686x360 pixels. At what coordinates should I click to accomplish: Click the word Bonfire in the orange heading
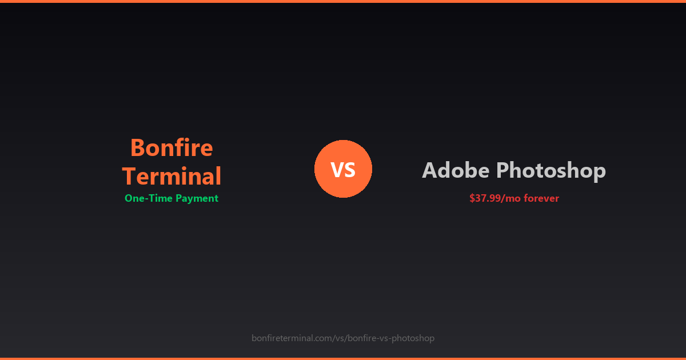click(x=171, y=148)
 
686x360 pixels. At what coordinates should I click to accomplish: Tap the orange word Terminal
click(x=171, y=176)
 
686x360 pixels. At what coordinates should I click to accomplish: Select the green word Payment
click(x=197, y=198)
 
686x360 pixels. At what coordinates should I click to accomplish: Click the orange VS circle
click(x=343, y=169)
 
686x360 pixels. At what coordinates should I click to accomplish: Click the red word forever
click(x=541, y=198)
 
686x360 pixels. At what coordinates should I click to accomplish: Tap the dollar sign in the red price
click(x=472, y=198)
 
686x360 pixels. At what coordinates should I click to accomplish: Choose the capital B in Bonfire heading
click(x=138, y=148)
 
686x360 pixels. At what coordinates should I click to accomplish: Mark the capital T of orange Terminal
click(x=129, y=176)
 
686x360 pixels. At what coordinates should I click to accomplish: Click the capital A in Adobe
click(x=430, y=170)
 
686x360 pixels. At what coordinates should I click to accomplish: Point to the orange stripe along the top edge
click(x=343, y=1)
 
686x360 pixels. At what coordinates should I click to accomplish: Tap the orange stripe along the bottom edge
click(x=343, y=358)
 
